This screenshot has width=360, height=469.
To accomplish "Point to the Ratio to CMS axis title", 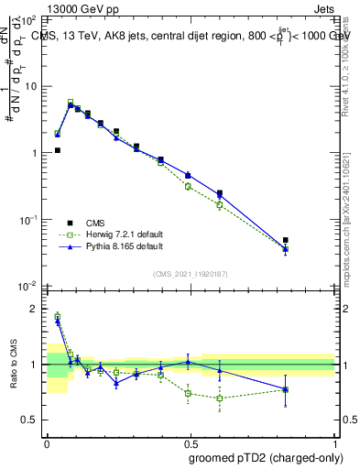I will coord(15,365).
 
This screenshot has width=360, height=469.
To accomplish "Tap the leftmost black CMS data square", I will coord(57,150).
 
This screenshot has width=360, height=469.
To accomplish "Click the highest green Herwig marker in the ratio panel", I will coord(57,316).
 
